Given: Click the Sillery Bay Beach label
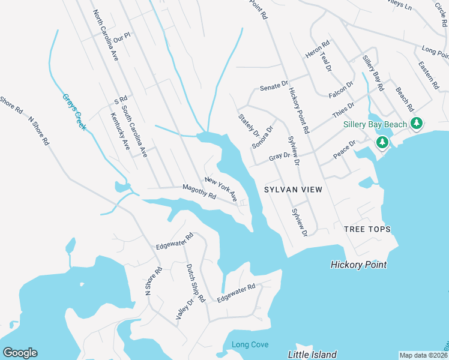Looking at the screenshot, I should coord(375,124).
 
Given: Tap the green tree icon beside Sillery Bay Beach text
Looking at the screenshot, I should coord(417,124).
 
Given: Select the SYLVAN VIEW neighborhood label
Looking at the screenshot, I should coord(293,190).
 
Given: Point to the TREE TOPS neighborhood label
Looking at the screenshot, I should coord(367,229).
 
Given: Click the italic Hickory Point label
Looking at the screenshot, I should coord(358,265).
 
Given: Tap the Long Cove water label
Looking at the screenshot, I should coord(250,344).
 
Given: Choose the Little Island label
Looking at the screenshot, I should coord(312,355).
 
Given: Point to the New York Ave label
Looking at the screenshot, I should coord(221,188).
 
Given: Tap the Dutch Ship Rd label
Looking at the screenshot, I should coord(196,283).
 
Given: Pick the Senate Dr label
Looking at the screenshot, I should coord(274,88).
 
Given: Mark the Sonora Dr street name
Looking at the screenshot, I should coord(263,137).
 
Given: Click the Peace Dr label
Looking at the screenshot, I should coord(345,149).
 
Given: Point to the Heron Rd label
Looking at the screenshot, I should coord(318,49).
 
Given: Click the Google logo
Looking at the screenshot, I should coord(20,353).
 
